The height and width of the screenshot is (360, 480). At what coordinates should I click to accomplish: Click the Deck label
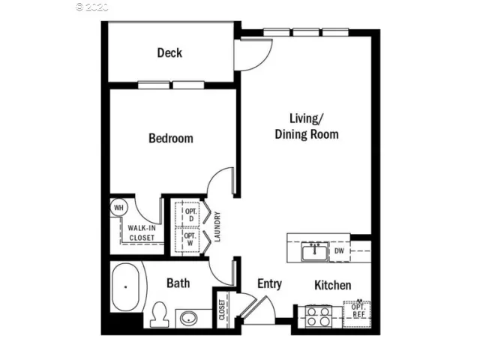tap(169, 52)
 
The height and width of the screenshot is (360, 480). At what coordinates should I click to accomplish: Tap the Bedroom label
tap(170, 138)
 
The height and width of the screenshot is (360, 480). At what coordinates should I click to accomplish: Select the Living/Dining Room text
tap(306, 127)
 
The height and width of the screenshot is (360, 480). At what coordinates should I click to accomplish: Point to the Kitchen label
tap(332, 285)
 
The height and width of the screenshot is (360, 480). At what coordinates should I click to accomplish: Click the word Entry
tap(269, 283)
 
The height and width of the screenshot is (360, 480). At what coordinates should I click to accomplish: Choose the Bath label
tap(178, 283)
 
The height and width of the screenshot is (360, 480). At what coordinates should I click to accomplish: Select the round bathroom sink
tap(187, 318)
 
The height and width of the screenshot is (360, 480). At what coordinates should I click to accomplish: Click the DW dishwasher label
tap(339, 251)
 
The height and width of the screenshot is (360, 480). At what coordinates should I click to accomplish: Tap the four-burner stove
tap(318, 316)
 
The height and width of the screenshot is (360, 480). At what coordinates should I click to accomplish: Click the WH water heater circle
tap(118, 207)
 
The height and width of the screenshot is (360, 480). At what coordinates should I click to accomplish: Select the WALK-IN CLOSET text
tap(141, 232)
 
